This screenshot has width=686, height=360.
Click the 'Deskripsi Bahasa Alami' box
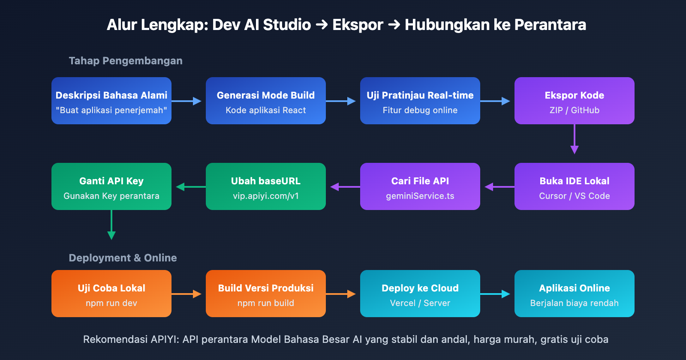coord(111,101)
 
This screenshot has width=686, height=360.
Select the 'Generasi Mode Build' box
coord(266,101)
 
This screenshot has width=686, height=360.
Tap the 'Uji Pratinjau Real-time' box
coord(420,101)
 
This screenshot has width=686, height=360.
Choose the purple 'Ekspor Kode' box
coord(575,101)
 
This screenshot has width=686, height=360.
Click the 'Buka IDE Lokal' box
coord(575,186)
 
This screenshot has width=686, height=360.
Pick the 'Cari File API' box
coord(420,186)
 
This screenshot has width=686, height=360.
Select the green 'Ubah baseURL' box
coord(266,186)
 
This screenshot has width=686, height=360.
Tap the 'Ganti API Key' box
coord(111,186)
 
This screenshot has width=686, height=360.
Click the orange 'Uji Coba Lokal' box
coord(111,294)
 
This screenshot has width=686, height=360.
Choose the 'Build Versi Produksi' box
coord(266,294)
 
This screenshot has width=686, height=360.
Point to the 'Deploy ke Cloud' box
coord(420,294)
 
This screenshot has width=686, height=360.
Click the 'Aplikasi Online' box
coord(575,294)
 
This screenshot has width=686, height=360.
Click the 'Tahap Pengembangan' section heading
coord(126,61)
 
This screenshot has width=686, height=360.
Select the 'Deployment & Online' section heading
coord(123,258)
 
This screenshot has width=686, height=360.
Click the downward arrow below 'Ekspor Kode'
coord(575,139)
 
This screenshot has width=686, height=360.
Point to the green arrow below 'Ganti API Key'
coord(111,225)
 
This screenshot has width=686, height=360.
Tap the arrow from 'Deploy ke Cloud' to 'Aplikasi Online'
coord(495,294)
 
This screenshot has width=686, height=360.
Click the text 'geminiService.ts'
coord(420,196)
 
